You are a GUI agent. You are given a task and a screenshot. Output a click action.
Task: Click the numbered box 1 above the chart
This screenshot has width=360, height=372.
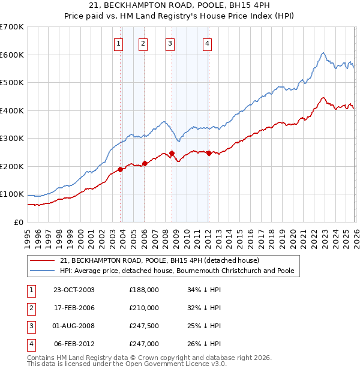pyautogui.click(x=118, y=43)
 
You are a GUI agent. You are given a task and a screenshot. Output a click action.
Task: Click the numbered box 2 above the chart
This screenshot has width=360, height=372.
pyautogui.click(x=143, y=43)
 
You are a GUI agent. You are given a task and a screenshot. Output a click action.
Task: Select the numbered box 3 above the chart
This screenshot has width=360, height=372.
pyautogui.click(x=170, y=43)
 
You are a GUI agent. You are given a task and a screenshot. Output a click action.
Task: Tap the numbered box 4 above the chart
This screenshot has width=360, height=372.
pyautogui.click(x=206, y=43)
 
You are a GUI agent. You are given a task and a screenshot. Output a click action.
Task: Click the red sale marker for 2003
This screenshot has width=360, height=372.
pyautogui.click(x=121, y=169)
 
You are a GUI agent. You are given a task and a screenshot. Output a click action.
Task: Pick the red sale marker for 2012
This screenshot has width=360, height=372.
pyautogui.click(x=208, y=153)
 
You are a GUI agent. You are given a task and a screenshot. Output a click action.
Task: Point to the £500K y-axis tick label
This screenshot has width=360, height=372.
pyautogui.click(x=12, y=82)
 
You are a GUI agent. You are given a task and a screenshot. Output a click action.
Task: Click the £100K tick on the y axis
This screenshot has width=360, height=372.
pyautogui.click(x=12, y=194)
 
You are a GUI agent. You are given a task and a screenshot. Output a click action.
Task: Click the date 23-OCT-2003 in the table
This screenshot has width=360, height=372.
pyautogui.click(x=74, y=290)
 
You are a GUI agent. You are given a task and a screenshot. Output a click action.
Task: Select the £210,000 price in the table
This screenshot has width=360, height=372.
pyautogui.click(x=144, y=308)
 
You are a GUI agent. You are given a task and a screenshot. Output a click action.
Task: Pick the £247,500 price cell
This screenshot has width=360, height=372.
pyautogui.click(x=144, y=326)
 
